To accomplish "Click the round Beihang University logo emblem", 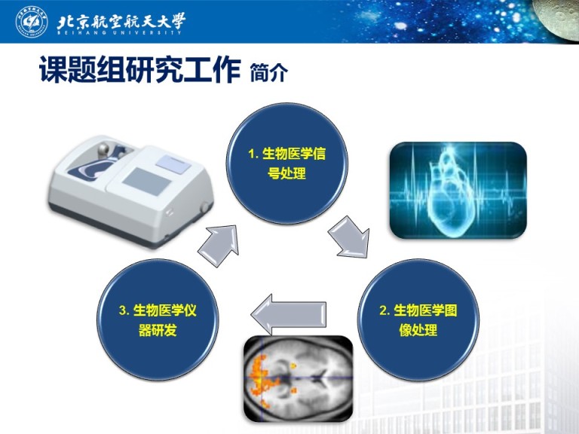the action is tap(32, 21).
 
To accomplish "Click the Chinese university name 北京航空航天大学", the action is tap(121, 20).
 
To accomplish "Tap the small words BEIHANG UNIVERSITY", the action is tap(119, 32).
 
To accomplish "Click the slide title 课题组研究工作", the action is tap(140, 69).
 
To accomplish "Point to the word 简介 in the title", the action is tap(269, 72).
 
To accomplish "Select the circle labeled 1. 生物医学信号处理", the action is tap(287, 164).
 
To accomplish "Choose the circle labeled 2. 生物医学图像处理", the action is tap(418, 320).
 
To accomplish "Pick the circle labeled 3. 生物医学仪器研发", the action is tap(158, 320).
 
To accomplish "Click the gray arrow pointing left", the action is tap(289, 314).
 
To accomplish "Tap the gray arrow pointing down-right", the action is tap(349, 237).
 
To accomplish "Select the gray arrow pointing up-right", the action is tap(219, 245).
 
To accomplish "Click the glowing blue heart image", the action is tap(458, 190).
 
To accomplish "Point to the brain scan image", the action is tap(299, 379).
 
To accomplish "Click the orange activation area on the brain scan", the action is tap(263, 378).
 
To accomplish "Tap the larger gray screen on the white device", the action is tap(147, 182).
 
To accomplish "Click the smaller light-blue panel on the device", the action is tap(173, 164).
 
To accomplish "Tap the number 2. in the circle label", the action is tap(384, 310).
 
